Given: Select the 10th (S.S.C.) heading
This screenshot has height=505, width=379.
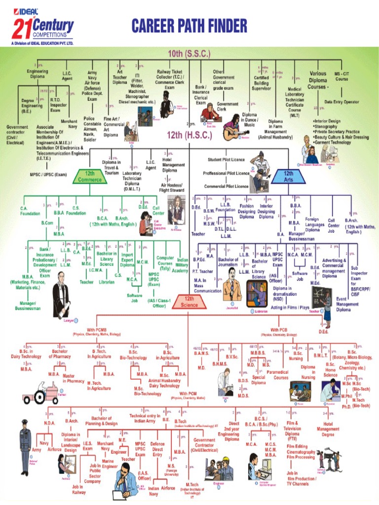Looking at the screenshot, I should [x=189, y=53].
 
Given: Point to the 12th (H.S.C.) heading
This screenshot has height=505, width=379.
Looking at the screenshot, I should [x=189, y=135].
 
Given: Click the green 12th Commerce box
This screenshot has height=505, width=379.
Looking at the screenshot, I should [x=90, y=177].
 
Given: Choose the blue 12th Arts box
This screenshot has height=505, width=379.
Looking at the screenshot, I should [x=288, y=176].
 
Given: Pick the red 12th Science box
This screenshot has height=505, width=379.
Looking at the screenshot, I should [x=189, y=302].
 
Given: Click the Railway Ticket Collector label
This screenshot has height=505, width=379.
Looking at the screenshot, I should [x=170, y=79].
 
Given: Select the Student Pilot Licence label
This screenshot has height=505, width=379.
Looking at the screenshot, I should [x=227, y=159].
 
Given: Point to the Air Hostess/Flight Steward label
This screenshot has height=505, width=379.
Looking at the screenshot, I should [x=172, y=187].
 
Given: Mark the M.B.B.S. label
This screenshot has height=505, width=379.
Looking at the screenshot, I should [x=258, y=353].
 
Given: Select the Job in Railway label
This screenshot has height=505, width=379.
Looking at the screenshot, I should [x=78, y=489].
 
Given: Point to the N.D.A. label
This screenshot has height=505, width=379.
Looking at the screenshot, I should [x=49, y=423].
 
